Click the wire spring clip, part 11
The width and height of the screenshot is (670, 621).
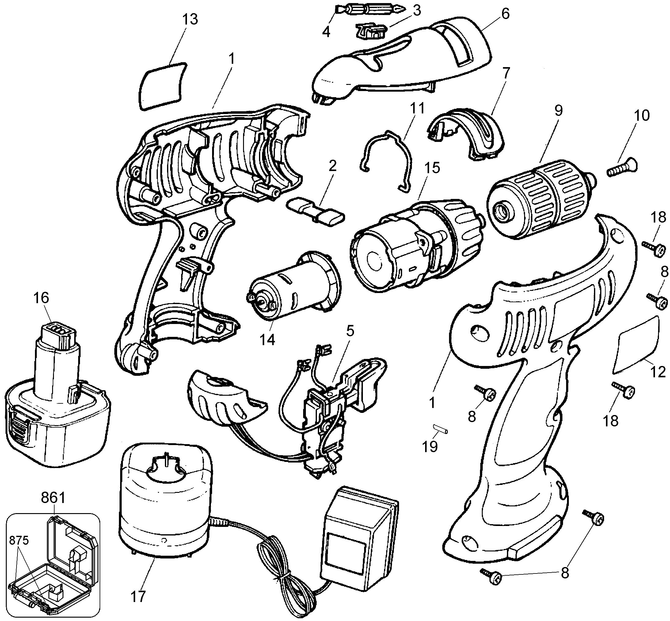pos(386,161)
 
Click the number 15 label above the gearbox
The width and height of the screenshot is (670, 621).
pos(432,168)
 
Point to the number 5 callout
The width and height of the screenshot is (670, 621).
pos(350,331)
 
